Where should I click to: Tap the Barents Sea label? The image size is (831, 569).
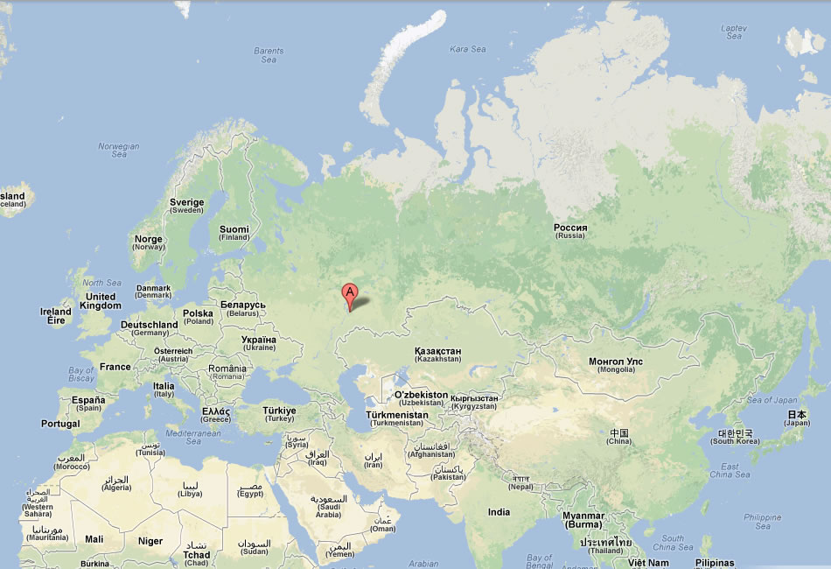(269, 55)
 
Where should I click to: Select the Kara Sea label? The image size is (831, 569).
(467, 49)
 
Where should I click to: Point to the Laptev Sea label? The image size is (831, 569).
(734, 32)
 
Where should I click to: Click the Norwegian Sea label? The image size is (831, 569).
(119, 151)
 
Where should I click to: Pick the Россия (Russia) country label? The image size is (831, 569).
(570, 231)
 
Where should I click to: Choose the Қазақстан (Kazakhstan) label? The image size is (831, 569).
(438, 355)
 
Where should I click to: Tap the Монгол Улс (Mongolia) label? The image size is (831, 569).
(616, 365)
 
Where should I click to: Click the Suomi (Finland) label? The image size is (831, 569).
(234, 233)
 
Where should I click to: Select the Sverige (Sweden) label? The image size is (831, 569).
(186, 206)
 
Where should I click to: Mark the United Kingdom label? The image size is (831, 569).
(101, 301)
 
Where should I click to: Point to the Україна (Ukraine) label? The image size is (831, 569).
(258, 343)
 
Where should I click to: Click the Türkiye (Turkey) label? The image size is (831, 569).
(280, 414)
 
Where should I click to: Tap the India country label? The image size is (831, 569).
(499, 512)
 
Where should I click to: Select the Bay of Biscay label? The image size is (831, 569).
(80, 375)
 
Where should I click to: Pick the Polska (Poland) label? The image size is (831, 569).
(198, 317)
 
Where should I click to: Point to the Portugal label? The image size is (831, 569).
(59, 424)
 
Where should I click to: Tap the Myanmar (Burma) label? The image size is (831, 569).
(583, 520)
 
